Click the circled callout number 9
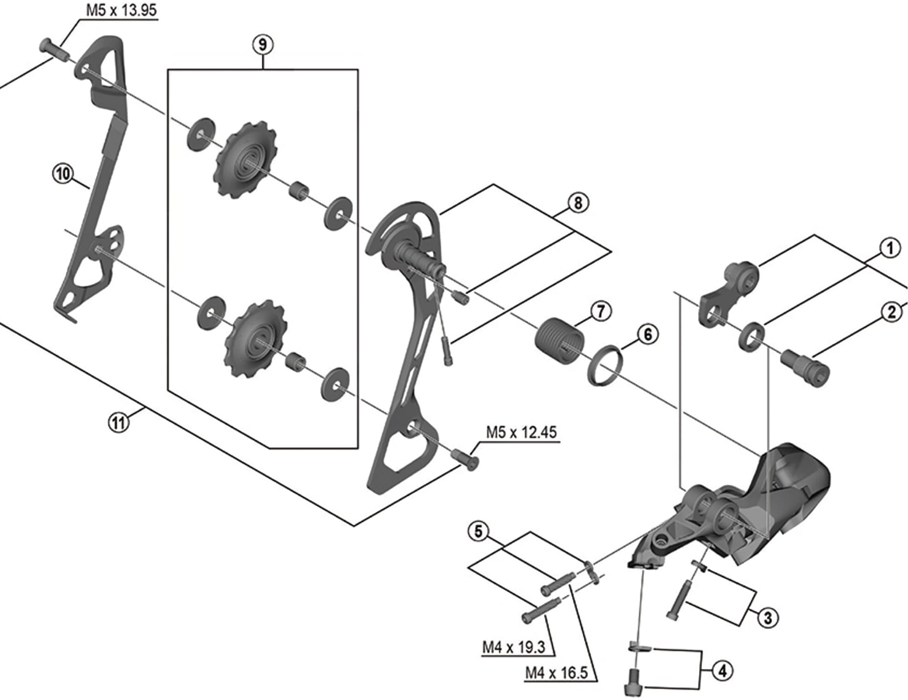point(262,45)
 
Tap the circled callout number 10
point(63,173)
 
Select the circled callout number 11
point(119,422)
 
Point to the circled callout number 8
point(578,203)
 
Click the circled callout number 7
point(601,311)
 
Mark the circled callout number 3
point(768,617)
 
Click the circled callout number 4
point(723,670)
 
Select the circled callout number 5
point(478,531)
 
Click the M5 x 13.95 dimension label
point(121,10)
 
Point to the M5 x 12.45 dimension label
point(521,432)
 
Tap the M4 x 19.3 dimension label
point(514,647)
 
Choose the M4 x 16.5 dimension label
point(557,673)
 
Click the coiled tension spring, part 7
point(560,342)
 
